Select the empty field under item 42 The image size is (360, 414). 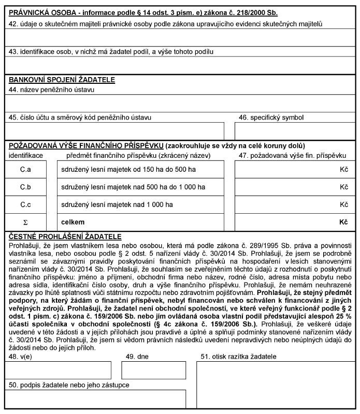click(180, 37)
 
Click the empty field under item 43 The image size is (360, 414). click(180, 64)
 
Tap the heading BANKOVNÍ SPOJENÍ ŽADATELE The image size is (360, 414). click(62, 80)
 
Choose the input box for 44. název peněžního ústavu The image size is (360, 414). click(180, 102)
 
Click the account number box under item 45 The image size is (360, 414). click(115, 131)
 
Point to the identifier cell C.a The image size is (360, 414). click(26, 170)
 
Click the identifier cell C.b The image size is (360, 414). click(26, 187)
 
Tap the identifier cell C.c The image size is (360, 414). click(26, 204)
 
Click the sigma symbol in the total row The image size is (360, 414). click(26, 221)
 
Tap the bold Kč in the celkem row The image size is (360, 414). click(343, 221)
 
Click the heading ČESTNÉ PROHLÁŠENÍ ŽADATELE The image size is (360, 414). click(65, 236)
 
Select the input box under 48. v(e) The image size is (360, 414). click(59, 370)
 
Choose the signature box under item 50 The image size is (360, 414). click(95, 398)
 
